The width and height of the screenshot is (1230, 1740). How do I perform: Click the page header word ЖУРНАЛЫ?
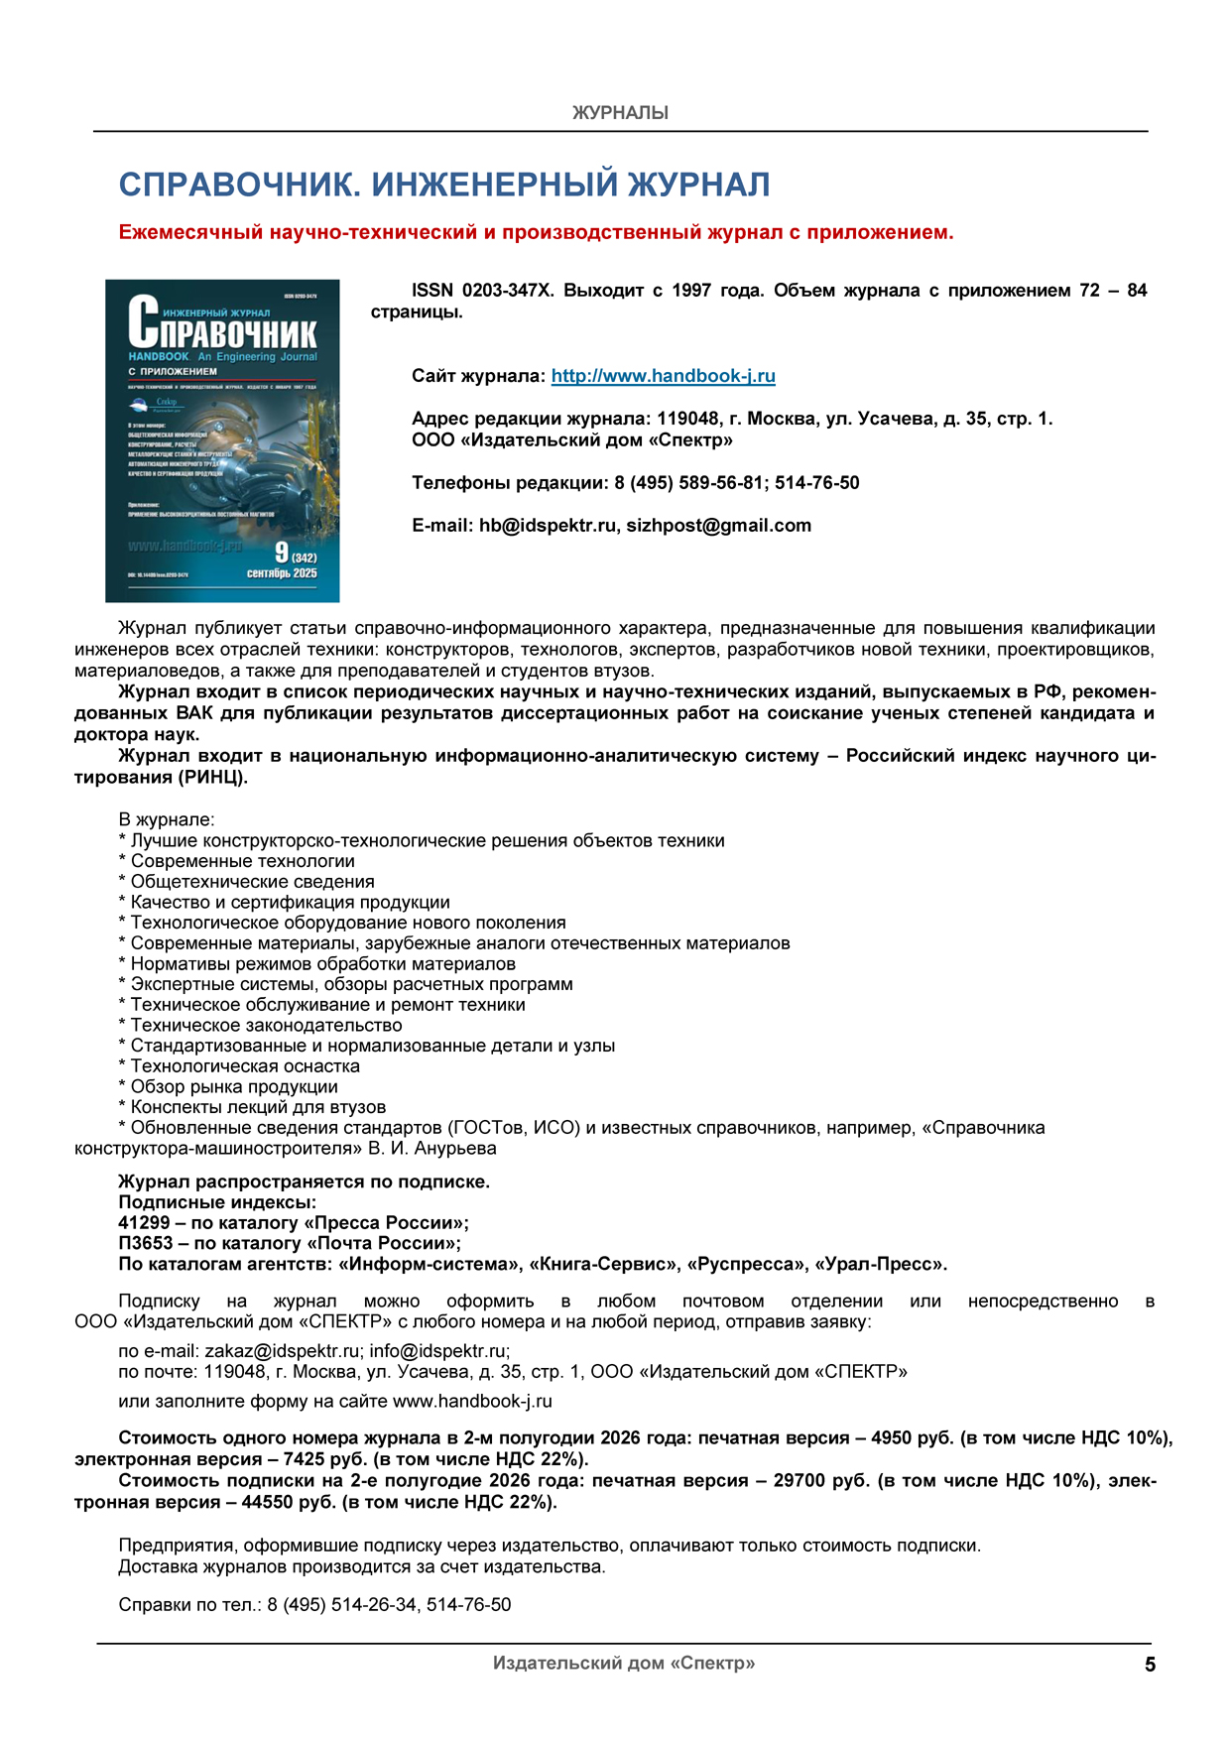click(x=620, y=113)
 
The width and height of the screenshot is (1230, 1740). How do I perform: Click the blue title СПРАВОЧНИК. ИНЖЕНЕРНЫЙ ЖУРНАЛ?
click(x=444, y=185)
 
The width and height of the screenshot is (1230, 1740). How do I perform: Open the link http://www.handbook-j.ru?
click(x=663, y=376)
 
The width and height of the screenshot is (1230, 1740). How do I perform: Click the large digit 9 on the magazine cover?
click(x=282, y=553)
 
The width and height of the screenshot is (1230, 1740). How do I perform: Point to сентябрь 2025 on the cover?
click(x=282, y=573)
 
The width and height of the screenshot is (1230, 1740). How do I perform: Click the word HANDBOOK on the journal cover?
click(x=159, y=356)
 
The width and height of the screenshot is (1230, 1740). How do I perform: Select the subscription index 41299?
click(x=144, y=1222)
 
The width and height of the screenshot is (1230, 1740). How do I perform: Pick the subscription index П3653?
click(x=145, y=1243)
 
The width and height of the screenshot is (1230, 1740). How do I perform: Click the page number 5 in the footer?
click(x=1150, y=1665)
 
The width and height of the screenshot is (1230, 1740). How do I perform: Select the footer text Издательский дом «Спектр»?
click(x=624, y=1663)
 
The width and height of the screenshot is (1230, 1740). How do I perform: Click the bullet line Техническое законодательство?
click(x=266, y=1025)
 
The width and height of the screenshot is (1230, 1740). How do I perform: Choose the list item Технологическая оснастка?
click(x=245, y=1066)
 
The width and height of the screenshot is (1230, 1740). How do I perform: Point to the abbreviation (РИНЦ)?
click(x=211, y=777)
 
